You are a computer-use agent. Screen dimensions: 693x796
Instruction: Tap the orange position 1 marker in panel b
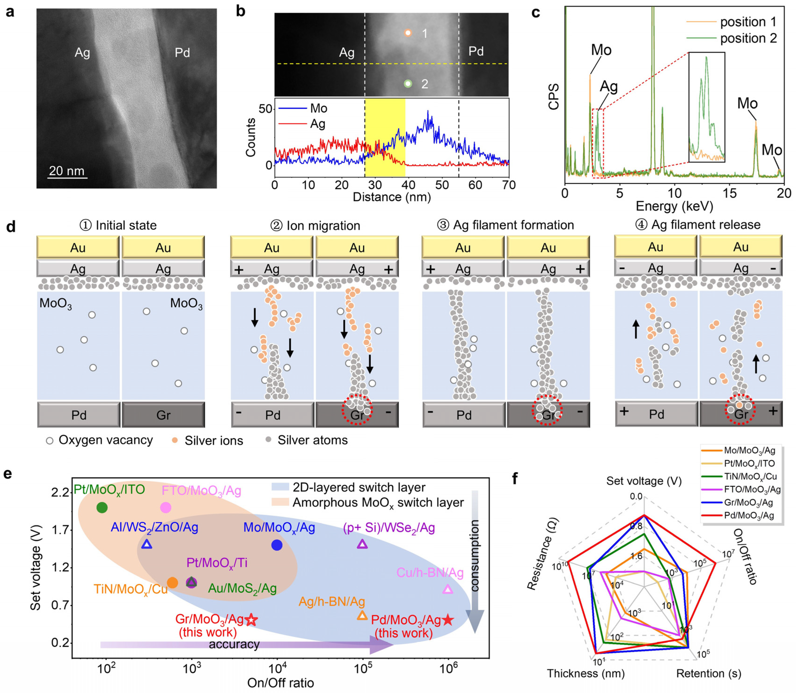tap(407, 33)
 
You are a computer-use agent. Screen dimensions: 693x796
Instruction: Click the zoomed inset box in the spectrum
tap(706, 107)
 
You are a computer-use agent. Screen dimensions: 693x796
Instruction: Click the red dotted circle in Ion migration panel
tap(357, 410)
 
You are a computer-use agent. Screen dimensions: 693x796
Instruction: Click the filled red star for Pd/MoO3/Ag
tap(448, 620)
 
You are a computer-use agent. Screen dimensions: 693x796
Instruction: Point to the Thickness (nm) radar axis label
tap(585, 673)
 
